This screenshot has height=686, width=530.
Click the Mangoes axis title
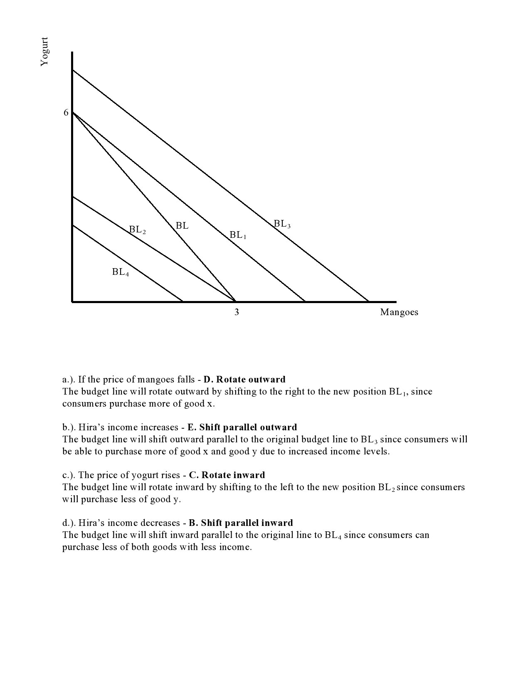pyautogui.click(x=399, y=312)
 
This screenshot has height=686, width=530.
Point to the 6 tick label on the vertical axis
pyautogui.click(x=66, y=113)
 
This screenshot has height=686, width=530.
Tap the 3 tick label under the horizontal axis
pyautogui.click(x=237, y=312)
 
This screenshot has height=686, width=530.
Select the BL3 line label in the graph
pyautogui.click(x=282, y=224)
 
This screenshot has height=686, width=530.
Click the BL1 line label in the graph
pyautogui.click(x=238, y=235)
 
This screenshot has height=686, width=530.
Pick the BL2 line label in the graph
pyautogui.click(x=137, y=229)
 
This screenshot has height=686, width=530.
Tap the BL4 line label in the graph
pyautogui.click(x=120, y=272)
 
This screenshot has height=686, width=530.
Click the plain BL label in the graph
pyautogui.click(x=182, y=226)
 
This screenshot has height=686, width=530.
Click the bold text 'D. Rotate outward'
pyautogui.click(x=244, y=379)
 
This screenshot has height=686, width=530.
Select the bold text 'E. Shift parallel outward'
pyautogui.click(x=242, y=427)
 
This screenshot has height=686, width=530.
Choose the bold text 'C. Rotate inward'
pyautogui.click(x=227, y=475)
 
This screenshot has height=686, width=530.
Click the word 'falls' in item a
pyautogui.click(x=185, y=379)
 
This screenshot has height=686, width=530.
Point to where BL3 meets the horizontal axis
pyautogui.click(x=368, y=301)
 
